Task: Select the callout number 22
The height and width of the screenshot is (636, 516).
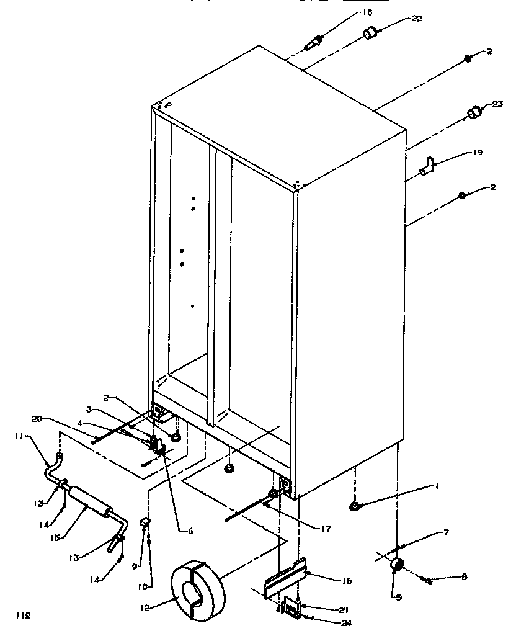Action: click(x=416, y=19)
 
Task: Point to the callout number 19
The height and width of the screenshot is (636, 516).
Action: click(x=477, y=151)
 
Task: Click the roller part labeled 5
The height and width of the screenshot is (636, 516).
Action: click(x=396, y=565)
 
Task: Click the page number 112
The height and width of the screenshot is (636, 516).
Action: click(x=23, y=616)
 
